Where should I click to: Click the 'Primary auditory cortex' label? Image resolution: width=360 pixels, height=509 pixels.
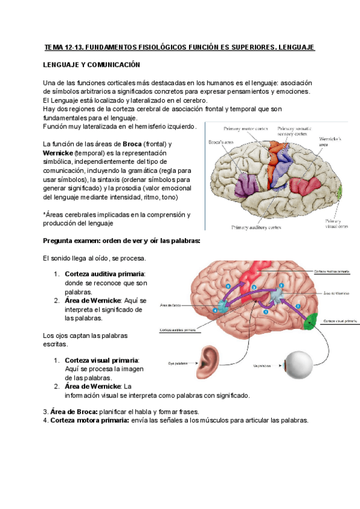pyautogui.click(x=256, y=227)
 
